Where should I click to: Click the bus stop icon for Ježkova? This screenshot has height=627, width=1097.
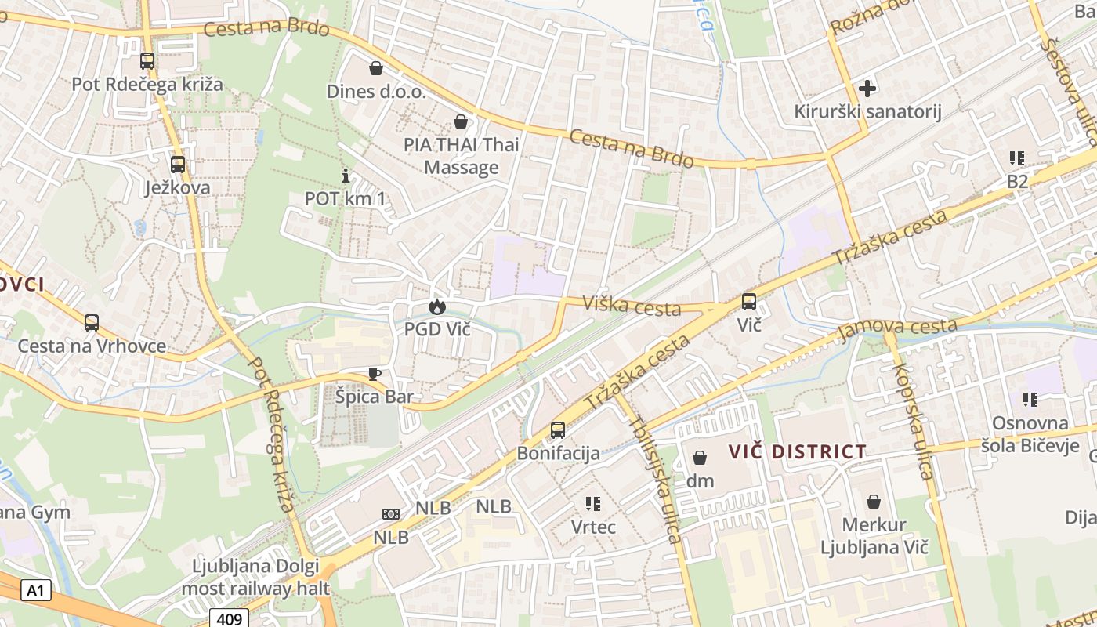(178, 165)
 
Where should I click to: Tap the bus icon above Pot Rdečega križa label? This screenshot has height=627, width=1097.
(147, 61)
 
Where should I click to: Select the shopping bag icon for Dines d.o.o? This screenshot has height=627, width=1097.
(376, 68)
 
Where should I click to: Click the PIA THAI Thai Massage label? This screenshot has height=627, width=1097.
(462, 156)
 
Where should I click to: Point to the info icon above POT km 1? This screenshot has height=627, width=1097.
(345, 176)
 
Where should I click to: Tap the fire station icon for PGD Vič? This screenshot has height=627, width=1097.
(436, 306)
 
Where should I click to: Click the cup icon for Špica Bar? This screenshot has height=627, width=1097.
(375, 374)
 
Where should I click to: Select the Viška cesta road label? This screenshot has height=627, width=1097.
(632, 306)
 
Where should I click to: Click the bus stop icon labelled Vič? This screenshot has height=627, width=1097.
(749, 301)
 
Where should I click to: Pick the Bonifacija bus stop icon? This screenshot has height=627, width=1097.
(558, 429)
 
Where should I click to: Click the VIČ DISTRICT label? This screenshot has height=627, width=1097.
(798, 452)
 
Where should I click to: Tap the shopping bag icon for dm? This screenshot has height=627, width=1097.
(700, 457)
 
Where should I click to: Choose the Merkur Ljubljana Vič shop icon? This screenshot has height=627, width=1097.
(874, 502)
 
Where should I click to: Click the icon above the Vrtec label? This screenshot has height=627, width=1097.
(593, 503)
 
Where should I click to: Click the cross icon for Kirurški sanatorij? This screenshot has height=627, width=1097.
(867, 88)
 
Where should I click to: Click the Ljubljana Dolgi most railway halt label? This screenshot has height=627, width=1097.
(255, 577)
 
